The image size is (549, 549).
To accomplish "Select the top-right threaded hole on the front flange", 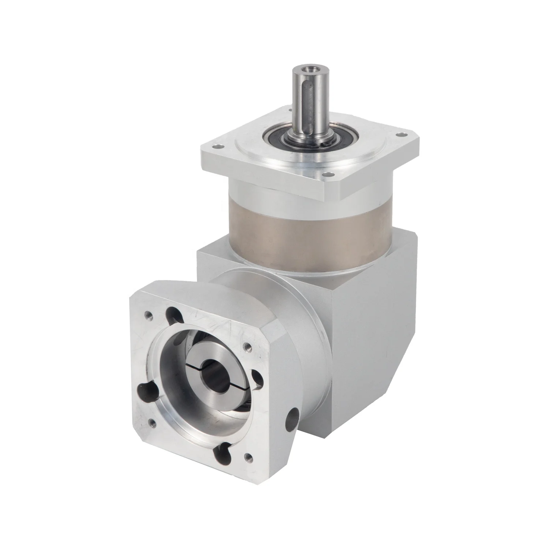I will [x=246, y=346].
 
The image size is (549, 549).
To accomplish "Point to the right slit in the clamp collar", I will [x=234, y=381].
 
